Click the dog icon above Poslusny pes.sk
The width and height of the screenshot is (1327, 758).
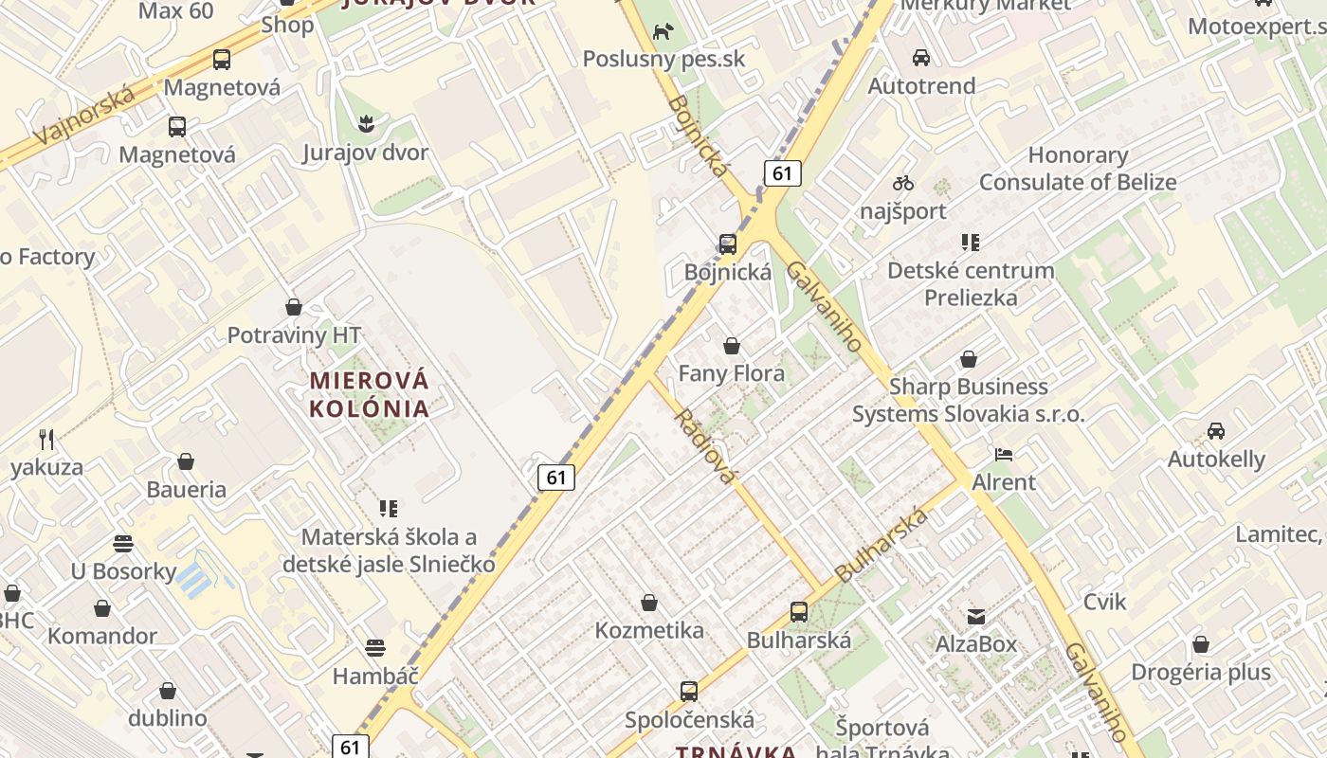[662, 31]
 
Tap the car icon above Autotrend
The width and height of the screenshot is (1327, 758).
[920, 58]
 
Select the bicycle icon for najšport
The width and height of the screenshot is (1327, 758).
[902, 183]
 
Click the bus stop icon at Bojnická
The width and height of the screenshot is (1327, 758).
[727, 244]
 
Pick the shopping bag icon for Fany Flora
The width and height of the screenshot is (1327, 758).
[731, 346]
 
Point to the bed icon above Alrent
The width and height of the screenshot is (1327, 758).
[1004, 455]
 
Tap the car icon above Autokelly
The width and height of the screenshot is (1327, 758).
[1215, 431]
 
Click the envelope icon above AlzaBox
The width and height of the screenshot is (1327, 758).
[975, 617]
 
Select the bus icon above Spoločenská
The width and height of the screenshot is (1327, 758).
[688, 692]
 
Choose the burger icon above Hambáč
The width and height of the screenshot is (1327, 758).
[375, 648]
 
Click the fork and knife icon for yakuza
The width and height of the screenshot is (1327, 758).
[46, 439]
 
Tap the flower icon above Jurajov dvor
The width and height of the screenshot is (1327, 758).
[365, 123]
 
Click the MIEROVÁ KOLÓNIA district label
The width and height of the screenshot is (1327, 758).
[370, 394]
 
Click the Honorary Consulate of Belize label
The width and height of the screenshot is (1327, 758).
[1078, 169]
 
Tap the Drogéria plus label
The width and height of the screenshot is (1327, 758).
[1200, 673]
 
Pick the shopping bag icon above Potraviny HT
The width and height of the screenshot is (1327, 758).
[294, 307]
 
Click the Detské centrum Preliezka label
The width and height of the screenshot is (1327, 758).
[971, 283]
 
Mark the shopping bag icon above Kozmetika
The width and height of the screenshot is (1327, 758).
[649, 603]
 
